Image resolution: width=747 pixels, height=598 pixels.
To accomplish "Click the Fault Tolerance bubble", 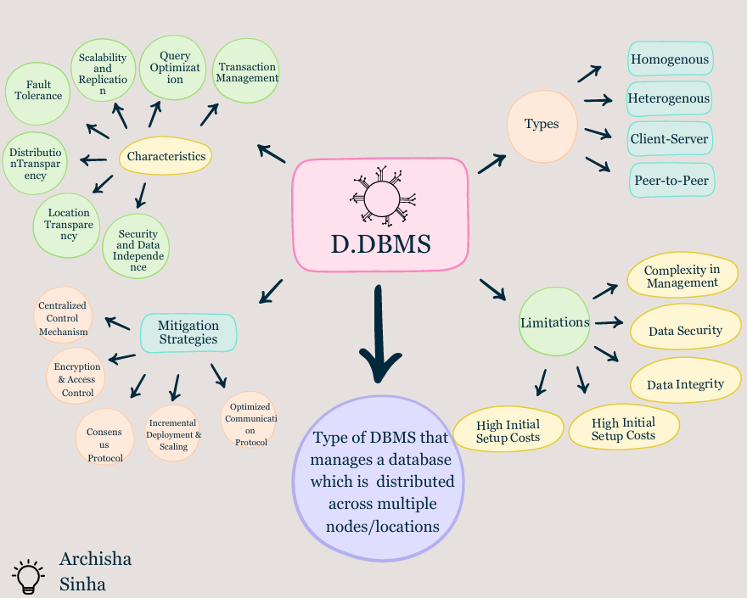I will pos(38,91).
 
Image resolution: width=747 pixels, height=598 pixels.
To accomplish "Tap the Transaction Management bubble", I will pos(247,72).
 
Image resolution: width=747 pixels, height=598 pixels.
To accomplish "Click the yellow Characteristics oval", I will pos(166,156).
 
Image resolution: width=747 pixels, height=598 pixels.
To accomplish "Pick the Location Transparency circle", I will pos(69,225).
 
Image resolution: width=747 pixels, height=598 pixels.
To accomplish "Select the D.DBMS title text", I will pos(380,244).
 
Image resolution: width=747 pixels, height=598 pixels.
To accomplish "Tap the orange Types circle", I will pos(542,125).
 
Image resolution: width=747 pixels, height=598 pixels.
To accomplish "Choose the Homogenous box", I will pos(670,60).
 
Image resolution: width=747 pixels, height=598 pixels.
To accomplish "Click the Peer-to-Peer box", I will pos(671,180).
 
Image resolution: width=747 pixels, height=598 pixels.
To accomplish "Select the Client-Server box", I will pos(669,138).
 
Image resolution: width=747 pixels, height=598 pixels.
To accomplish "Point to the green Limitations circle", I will pos(554,322).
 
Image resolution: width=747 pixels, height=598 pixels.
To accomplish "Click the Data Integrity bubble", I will pos(685,384).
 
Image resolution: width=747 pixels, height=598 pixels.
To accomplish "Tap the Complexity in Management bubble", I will pos(682,277).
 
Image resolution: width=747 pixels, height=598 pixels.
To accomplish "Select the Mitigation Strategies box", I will pos(188,333).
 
